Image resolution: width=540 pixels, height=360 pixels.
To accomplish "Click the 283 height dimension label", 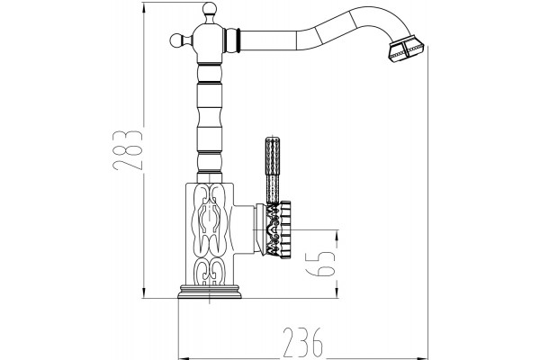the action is coord(127,150).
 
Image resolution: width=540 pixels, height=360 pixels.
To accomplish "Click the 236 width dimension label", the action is coord(303,343).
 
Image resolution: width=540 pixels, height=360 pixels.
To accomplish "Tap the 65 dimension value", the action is coord(321,263).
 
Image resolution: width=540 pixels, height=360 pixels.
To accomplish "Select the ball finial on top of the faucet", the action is coord(209,8).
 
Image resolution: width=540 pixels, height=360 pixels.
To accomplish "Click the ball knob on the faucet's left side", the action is coord(176,40).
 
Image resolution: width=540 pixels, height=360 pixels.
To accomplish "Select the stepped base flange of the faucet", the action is coord(210,292).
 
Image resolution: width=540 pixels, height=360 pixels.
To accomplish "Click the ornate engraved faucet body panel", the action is coord(210,235).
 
